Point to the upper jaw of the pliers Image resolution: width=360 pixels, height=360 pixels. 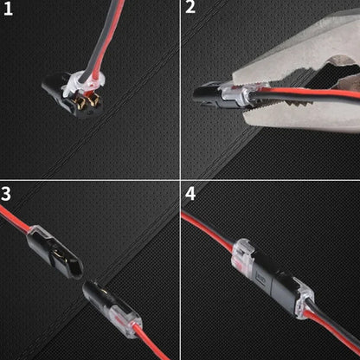click(x=286, y=52)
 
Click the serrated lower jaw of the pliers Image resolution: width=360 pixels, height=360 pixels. click(x=303, y=117)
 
